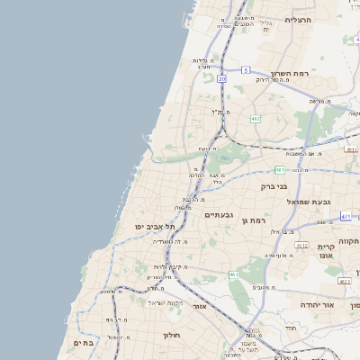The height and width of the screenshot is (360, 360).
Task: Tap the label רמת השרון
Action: tap(290, 75)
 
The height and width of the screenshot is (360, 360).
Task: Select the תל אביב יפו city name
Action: tap(154, 226)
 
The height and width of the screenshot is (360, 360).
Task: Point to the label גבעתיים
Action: tap(220, 214)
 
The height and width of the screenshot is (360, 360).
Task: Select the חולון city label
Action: tap(172, 335)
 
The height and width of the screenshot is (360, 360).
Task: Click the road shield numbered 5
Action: tap(245, 69)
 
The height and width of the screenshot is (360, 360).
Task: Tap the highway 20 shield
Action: tap(221, 79)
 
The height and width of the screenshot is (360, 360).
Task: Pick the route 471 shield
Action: tap(346, 217)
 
